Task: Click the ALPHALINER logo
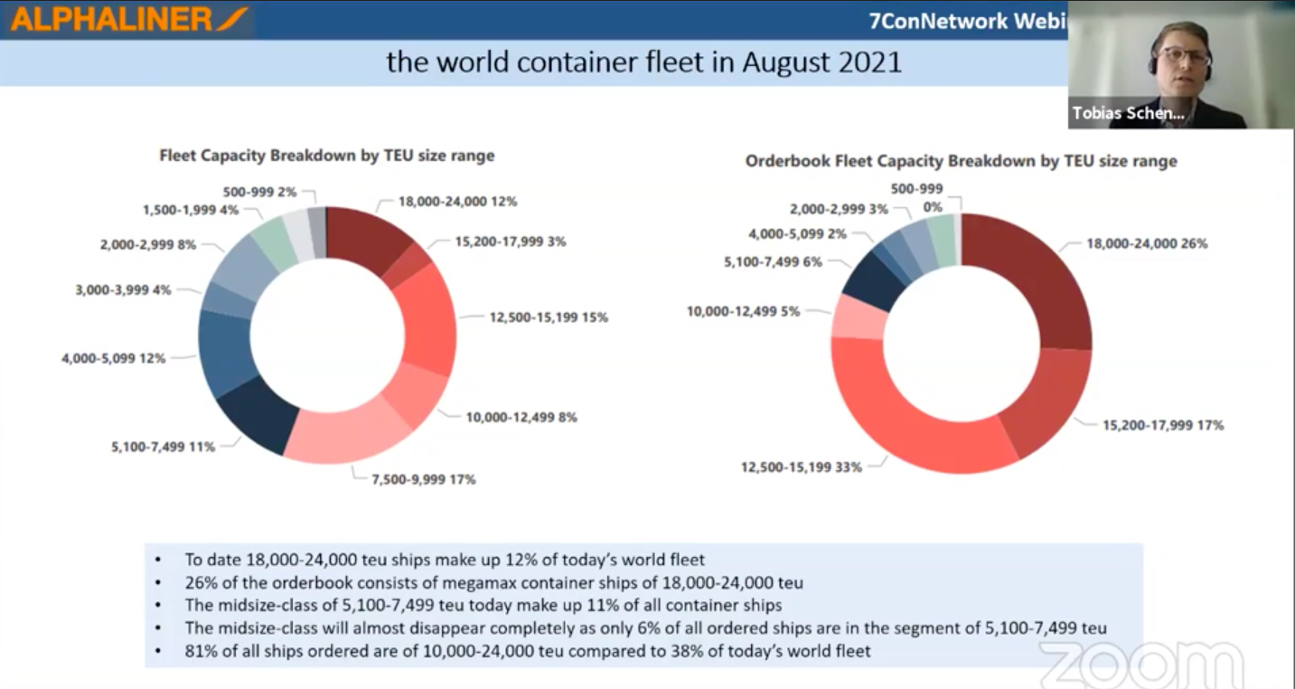tap(127, 19)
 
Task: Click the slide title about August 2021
tap(643, 61)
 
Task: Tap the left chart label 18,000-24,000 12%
tap(457, 202)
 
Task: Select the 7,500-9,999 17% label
tap(422, 479)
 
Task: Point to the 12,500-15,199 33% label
tap(802, 467)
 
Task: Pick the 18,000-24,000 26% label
tap(1147, 243)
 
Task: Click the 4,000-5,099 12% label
tap(113, 358)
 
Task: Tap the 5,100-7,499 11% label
tap(163, 446)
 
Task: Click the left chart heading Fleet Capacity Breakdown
tap(327, 156)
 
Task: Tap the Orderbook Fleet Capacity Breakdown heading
tap(961, 161)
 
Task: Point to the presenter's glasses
tap(1184, 56)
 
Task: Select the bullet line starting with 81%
tap(528, 650)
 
